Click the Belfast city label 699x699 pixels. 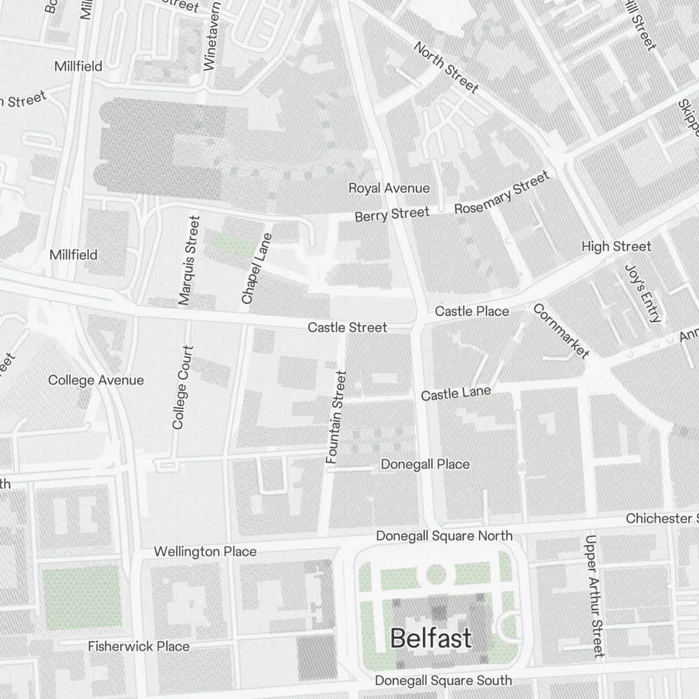(x=431, y=638)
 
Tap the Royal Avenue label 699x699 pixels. (x=389, y=188)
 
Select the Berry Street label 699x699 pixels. (x=391, y=215)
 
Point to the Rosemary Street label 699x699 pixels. (x=502, y=194)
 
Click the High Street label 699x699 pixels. (x=616, y=246)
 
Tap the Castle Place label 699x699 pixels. (x=472, y=311)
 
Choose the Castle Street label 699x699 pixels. (x=347, y=327)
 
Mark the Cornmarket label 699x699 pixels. (x=561, y=331)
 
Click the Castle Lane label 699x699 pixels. (x=456, y=394)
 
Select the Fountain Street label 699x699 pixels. (x=336, y=417)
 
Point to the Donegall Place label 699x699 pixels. (x=425, y=464)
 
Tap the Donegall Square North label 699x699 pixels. (x=444, y=535)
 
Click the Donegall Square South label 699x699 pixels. (x=443, y=680)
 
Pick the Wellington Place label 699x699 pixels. (x=205, y=552)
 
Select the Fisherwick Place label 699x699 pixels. (x=138, y=647)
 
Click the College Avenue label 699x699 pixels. (x=96, y=380)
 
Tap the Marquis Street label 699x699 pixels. (x=189, y=261)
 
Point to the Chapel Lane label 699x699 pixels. (x=256, y=268)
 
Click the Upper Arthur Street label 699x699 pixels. (x=594, y=596)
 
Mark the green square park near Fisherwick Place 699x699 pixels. (x=81, y=596)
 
